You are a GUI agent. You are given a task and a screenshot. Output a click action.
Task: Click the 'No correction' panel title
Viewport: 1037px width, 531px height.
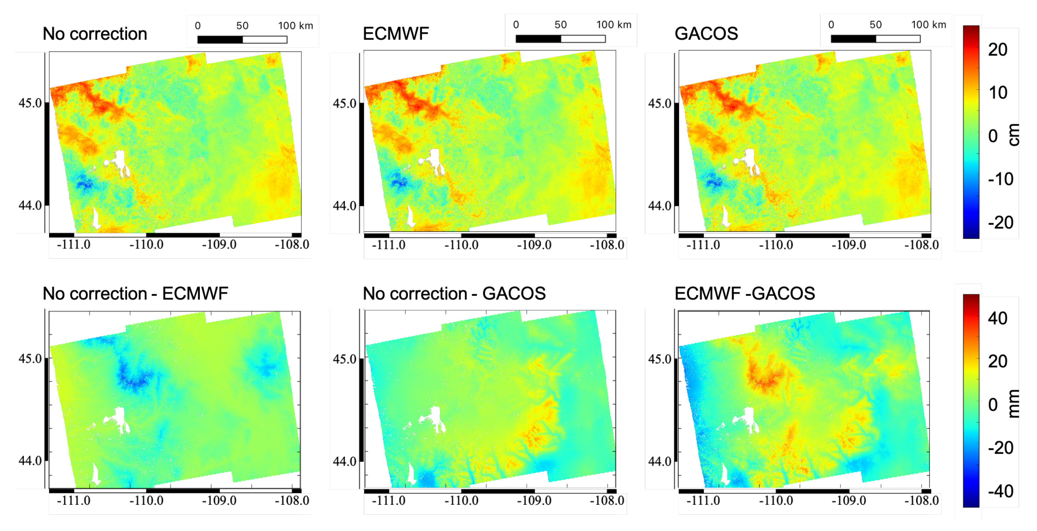click(x=95, y=34)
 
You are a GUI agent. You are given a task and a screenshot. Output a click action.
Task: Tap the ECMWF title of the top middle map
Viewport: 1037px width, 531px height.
click(x=395, y=34)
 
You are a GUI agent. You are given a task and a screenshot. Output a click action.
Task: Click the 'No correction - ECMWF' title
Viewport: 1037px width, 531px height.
click(x=135, y=294)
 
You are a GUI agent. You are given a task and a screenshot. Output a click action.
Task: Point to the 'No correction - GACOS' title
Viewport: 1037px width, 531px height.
click(x=454, y=294)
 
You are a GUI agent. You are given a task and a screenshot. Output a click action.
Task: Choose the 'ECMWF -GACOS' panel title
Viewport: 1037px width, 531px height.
click(x=744, y=294)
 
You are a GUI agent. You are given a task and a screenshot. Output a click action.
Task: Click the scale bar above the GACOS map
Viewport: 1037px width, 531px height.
click(x=875, y=39)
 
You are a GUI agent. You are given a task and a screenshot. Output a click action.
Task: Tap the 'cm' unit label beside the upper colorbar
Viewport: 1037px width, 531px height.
click(x=1014, y=135)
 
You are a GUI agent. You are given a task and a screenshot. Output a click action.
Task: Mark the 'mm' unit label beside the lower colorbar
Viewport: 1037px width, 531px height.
click(x=1014, y=404)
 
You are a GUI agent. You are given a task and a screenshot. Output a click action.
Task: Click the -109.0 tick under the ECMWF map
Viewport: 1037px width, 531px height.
click(x=534, y=245)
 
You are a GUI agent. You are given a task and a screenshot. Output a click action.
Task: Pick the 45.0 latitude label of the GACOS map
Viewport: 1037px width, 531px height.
click(x=659, y=104)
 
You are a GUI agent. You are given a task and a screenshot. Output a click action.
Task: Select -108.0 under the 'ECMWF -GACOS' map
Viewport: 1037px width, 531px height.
click(x=921, y=501)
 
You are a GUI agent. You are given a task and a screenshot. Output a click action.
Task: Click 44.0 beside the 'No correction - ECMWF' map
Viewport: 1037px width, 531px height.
click(x=30, y=461)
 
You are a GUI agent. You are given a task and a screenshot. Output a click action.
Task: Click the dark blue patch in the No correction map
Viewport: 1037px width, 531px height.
click(x=85, y=184)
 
